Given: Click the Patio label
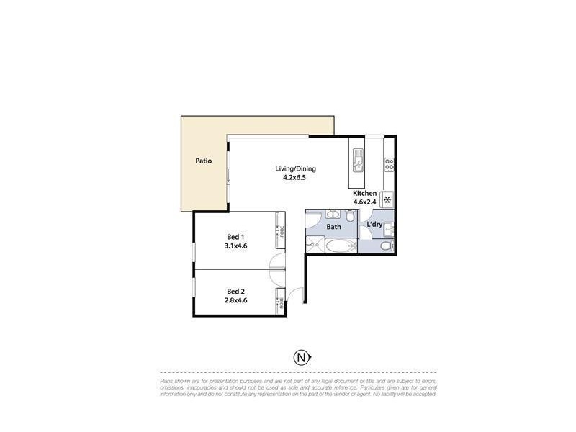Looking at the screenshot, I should [203, 161].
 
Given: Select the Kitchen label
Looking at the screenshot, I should [364, 194].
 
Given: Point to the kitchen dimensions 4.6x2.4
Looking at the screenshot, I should [364, 203].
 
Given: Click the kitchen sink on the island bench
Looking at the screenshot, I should [357, 156].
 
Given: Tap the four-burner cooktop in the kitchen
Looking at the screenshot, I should [389, 165].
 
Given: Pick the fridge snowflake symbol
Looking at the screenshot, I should [387, 199].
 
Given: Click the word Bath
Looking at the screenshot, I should [334, 227].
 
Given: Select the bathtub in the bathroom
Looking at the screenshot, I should [340, 247].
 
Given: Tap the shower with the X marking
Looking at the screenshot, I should [315, 246].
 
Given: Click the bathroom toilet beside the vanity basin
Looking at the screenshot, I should [349, 216].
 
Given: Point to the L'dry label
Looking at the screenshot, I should [374, 225].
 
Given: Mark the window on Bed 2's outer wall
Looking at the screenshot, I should [193, 287].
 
